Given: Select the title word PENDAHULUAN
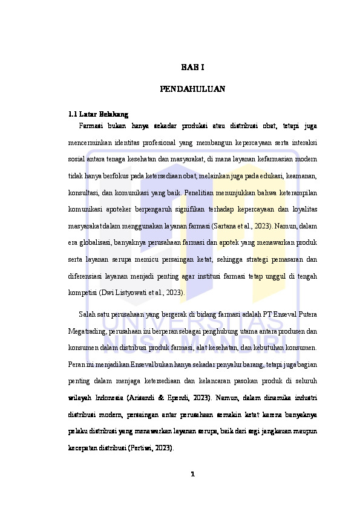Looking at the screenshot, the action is (192, 89).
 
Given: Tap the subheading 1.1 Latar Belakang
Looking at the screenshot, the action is (98, 114).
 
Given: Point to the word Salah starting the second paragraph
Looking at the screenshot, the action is (87, 315).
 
